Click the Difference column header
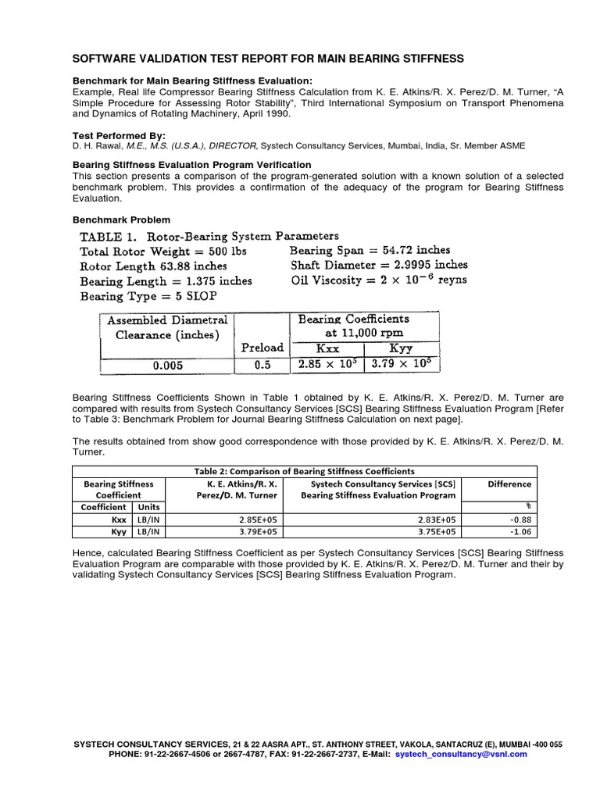pos(509,484)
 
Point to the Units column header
pos(149,507)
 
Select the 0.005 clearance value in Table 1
pos(166,365)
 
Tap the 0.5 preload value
pos(262,365)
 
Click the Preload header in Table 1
pos(262,348)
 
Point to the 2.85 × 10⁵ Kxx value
pos(327,365)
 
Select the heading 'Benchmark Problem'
pos(121,220)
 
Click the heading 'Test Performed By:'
pos(119,135)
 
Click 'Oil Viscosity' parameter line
pos(378,280)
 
